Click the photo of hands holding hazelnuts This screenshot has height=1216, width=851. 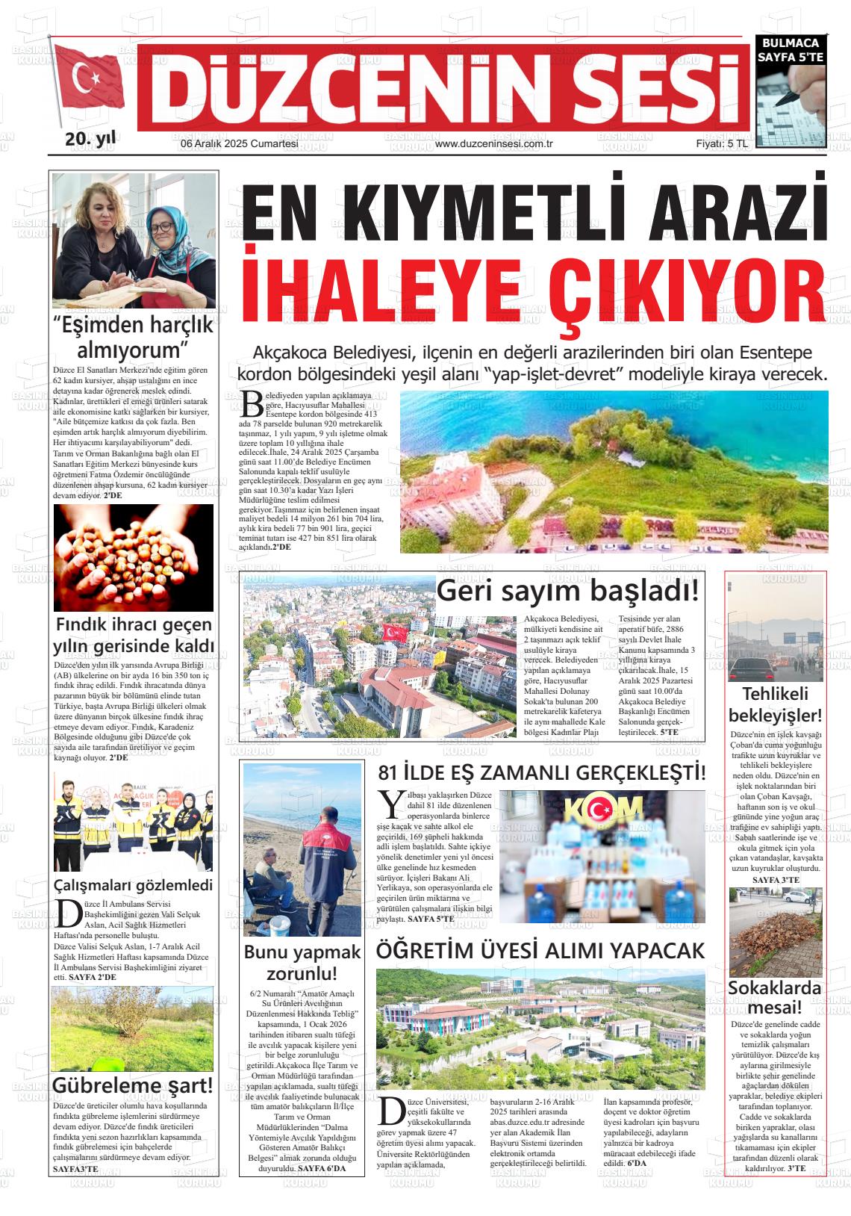(133, 557)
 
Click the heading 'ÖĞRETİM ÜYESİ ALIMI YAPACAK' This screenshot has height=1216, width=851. (540, 950)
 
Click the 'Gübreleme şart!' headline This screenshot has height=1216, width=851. (133, 1085)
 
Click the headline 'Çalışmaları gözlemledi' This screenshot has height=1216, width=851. (133, 885)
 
